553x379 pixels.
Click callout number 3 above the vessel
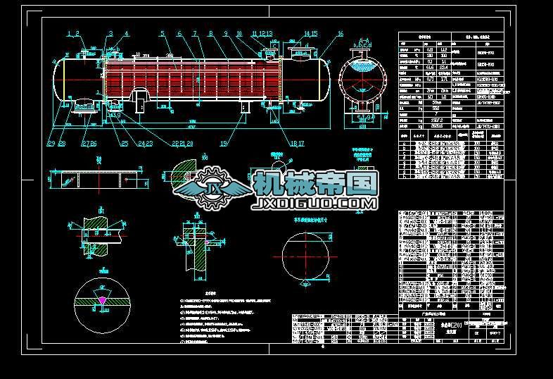pos(110,34)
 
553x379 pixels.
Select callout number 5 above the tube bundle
pos(162,34)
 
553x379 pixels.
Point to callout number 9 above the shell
pos(226,34)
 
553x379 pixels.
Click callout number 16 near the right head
pos(341,34)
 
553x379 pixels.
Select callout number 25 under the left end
pos(125,143)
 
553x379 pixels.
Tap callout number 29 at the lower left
pos(51,143)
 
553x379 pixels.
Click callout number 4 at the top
pos(127,34)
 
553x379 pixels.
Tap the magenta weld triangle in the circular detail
pos(103,299)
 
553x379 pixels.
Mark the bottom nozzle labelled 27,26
pos(85,105)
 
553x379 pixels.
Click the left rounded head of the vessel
pos(58,79)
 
